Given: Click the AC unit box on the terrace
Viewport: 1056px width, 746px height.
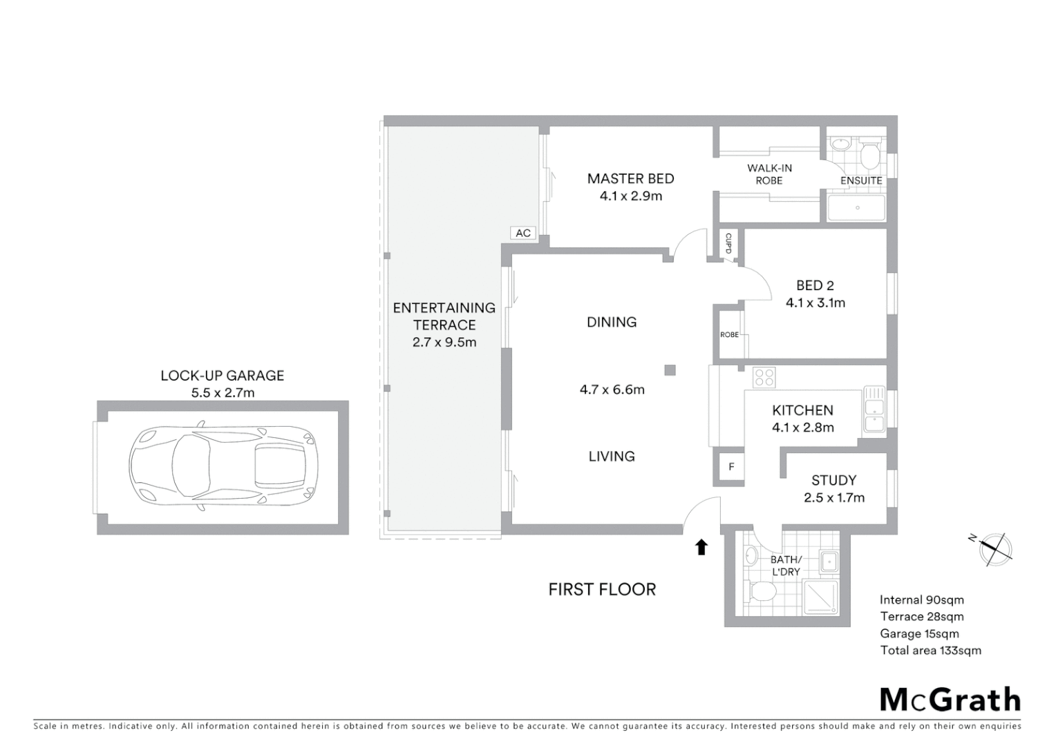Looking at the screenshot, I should [523, 233].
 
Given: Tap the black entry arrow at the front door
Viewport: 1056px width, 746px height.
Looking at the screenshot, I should [701, 547].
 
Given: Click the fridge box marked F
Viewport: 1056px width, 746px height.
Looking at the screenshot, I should [731, 467].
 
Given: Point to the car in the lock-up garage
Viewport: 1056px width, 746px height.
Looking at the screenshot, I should [223, 467].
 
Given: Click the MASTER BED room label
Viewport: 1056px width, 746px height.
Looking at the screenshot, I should [630, 178].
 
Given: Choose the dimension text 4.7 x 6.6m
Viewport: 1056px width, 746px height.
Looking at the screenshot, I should [612, 390].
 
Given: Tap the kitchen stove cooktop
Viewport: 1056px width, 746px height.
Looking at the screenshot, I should [764, 377].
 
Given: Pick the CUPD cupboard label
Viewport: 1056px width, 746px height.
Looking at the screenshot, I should [728, 242].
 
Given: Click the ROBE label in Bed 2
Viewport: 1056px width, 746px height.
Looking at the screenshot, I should [729, 334].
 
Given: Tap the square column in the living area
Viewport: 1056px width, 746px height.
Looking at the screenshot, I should [669, 370].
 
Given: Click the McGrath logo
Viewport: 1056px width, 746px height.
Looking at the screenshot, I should [950, 700].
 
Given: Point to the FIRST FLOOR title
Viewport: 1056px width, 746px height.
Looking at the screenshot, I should [602, 589].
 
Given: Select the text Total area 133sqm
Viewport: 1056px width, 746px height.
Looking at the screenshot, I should [930, 650].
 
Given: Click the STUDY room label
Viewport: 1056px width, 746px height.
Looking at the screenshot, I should [833, 480].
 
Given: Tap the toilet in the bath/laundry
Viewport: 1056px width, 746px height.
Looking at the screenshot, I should [762, 591].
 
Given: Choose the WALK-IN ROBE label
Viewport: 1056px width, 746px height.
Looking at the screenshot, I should [769, 174].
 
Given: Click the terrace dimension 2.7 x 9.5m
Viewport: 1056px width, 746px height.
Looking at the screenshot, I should [444, 342].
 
